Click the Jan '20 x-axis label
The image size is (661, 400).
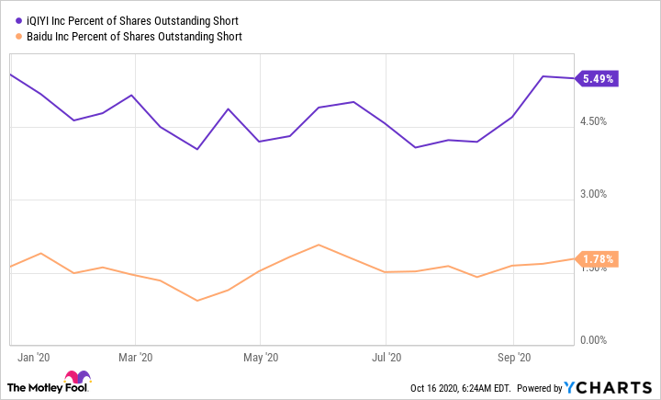point(33,357)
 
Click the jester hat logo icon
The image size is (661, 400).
point(78,378)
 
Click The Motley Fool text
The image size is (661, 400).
point(35,386)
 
